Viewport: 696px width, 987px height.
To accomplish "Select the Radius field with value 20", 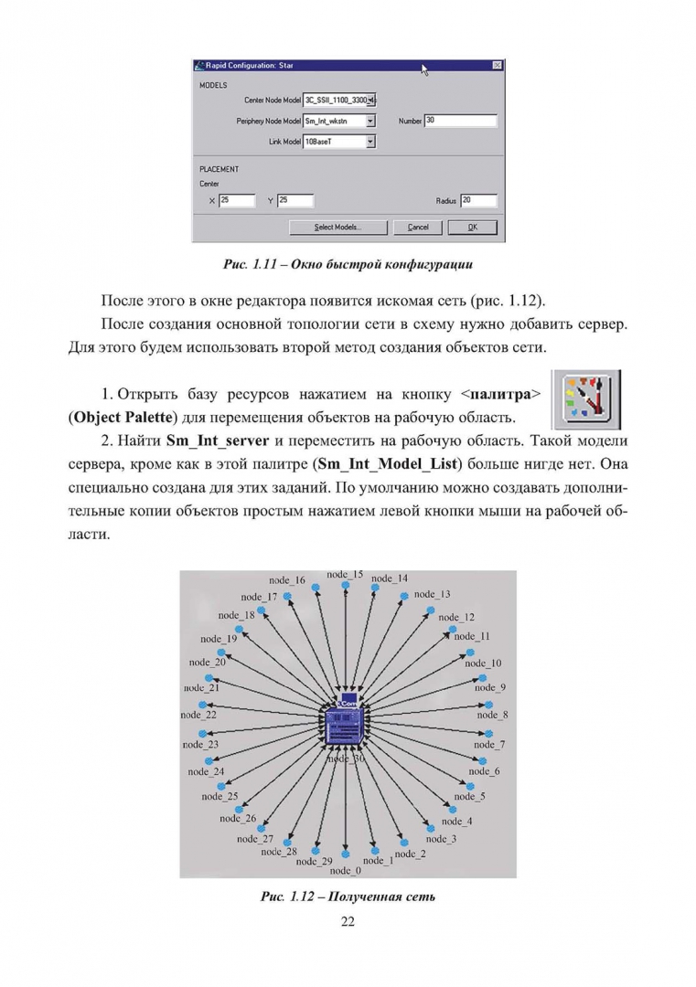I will click(x=478, y=200).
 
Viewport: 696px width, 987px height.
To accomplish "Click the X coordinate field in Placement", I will click(x=236, y=200).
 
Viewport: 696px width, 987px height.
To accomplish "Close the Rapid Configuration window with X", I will click(x=497, y=66).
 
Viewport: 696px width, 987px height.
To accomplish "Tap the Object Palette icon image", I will click(x=587, y=399).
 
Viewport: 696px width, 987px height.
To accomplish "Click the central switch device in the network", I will click(x=346, y=726).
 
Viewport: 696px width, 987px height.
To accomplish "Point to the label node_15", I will click(x=345, y=575).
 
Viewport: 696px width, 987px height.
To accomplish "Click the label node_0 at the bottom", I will click(x=345, y=870).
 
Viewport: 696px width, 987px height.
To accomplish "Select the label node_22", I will click(x=198, y=715).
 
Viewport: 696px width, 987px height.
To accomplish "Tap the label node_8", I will click(x=493, y=715).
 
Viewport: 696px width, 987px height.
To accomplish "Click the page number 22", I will click(x=348, y=921).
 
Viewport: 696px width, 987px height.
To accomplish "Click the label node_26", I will click(x=238, y=818).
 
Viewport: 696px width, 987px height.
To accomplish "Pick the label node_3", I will click(x=441, y=838).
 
